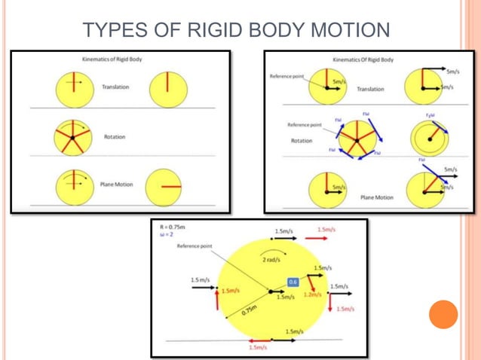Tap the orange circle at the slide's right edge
[x=443, y=315]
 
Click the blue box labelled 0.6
[x=294, y=281]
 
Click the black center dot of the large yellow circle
[x=271, y=291]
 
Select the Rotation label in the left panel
[x=115, y=137]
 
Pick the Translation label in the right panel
[x=370, y=89]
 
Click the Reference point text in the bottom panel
[x=194, y=246]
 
